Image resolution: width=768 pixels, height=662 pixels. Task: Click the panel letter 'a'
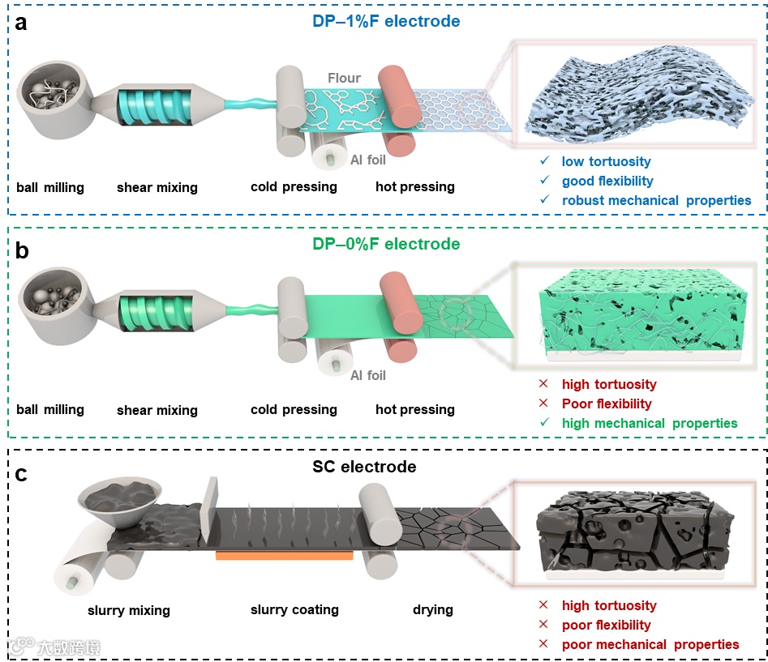click(21, 23)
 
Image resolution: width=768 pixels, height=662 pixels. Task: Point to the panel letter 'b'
click(22, 250)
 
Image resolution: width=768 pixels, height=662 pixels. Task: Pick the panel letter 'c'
click(21, 475)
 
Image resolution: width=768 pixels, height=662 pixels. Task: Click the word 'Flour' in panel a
click(344, 79)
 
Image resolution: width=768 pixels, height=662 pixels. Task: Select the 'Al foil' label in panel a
click(367, 160)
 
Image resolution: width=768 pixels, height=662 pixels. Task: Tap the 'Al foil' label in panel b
click(367, 375)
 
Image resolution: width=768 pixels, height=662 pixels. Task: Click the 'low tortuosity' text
click(606, 162)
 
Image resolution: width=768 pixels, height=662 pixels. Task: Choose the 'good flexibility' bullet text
click(607, 181)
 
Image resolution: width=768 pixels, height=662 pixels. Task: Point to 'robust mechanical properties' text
click(656, 200)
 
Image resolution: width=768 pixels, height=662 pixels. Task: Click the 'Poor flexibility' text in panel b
click(606, 404)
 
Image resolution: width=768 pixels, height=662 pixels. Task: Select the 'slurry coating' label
click(294, 609)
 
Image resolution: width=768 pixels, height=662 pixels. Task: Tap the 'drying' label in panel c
click(432, 609)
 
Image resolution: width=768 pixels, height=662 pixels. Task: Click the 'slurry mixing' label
click(129, 609)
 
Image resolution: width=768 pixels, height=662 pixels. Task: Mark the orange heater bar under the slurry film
click(284, 556)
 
